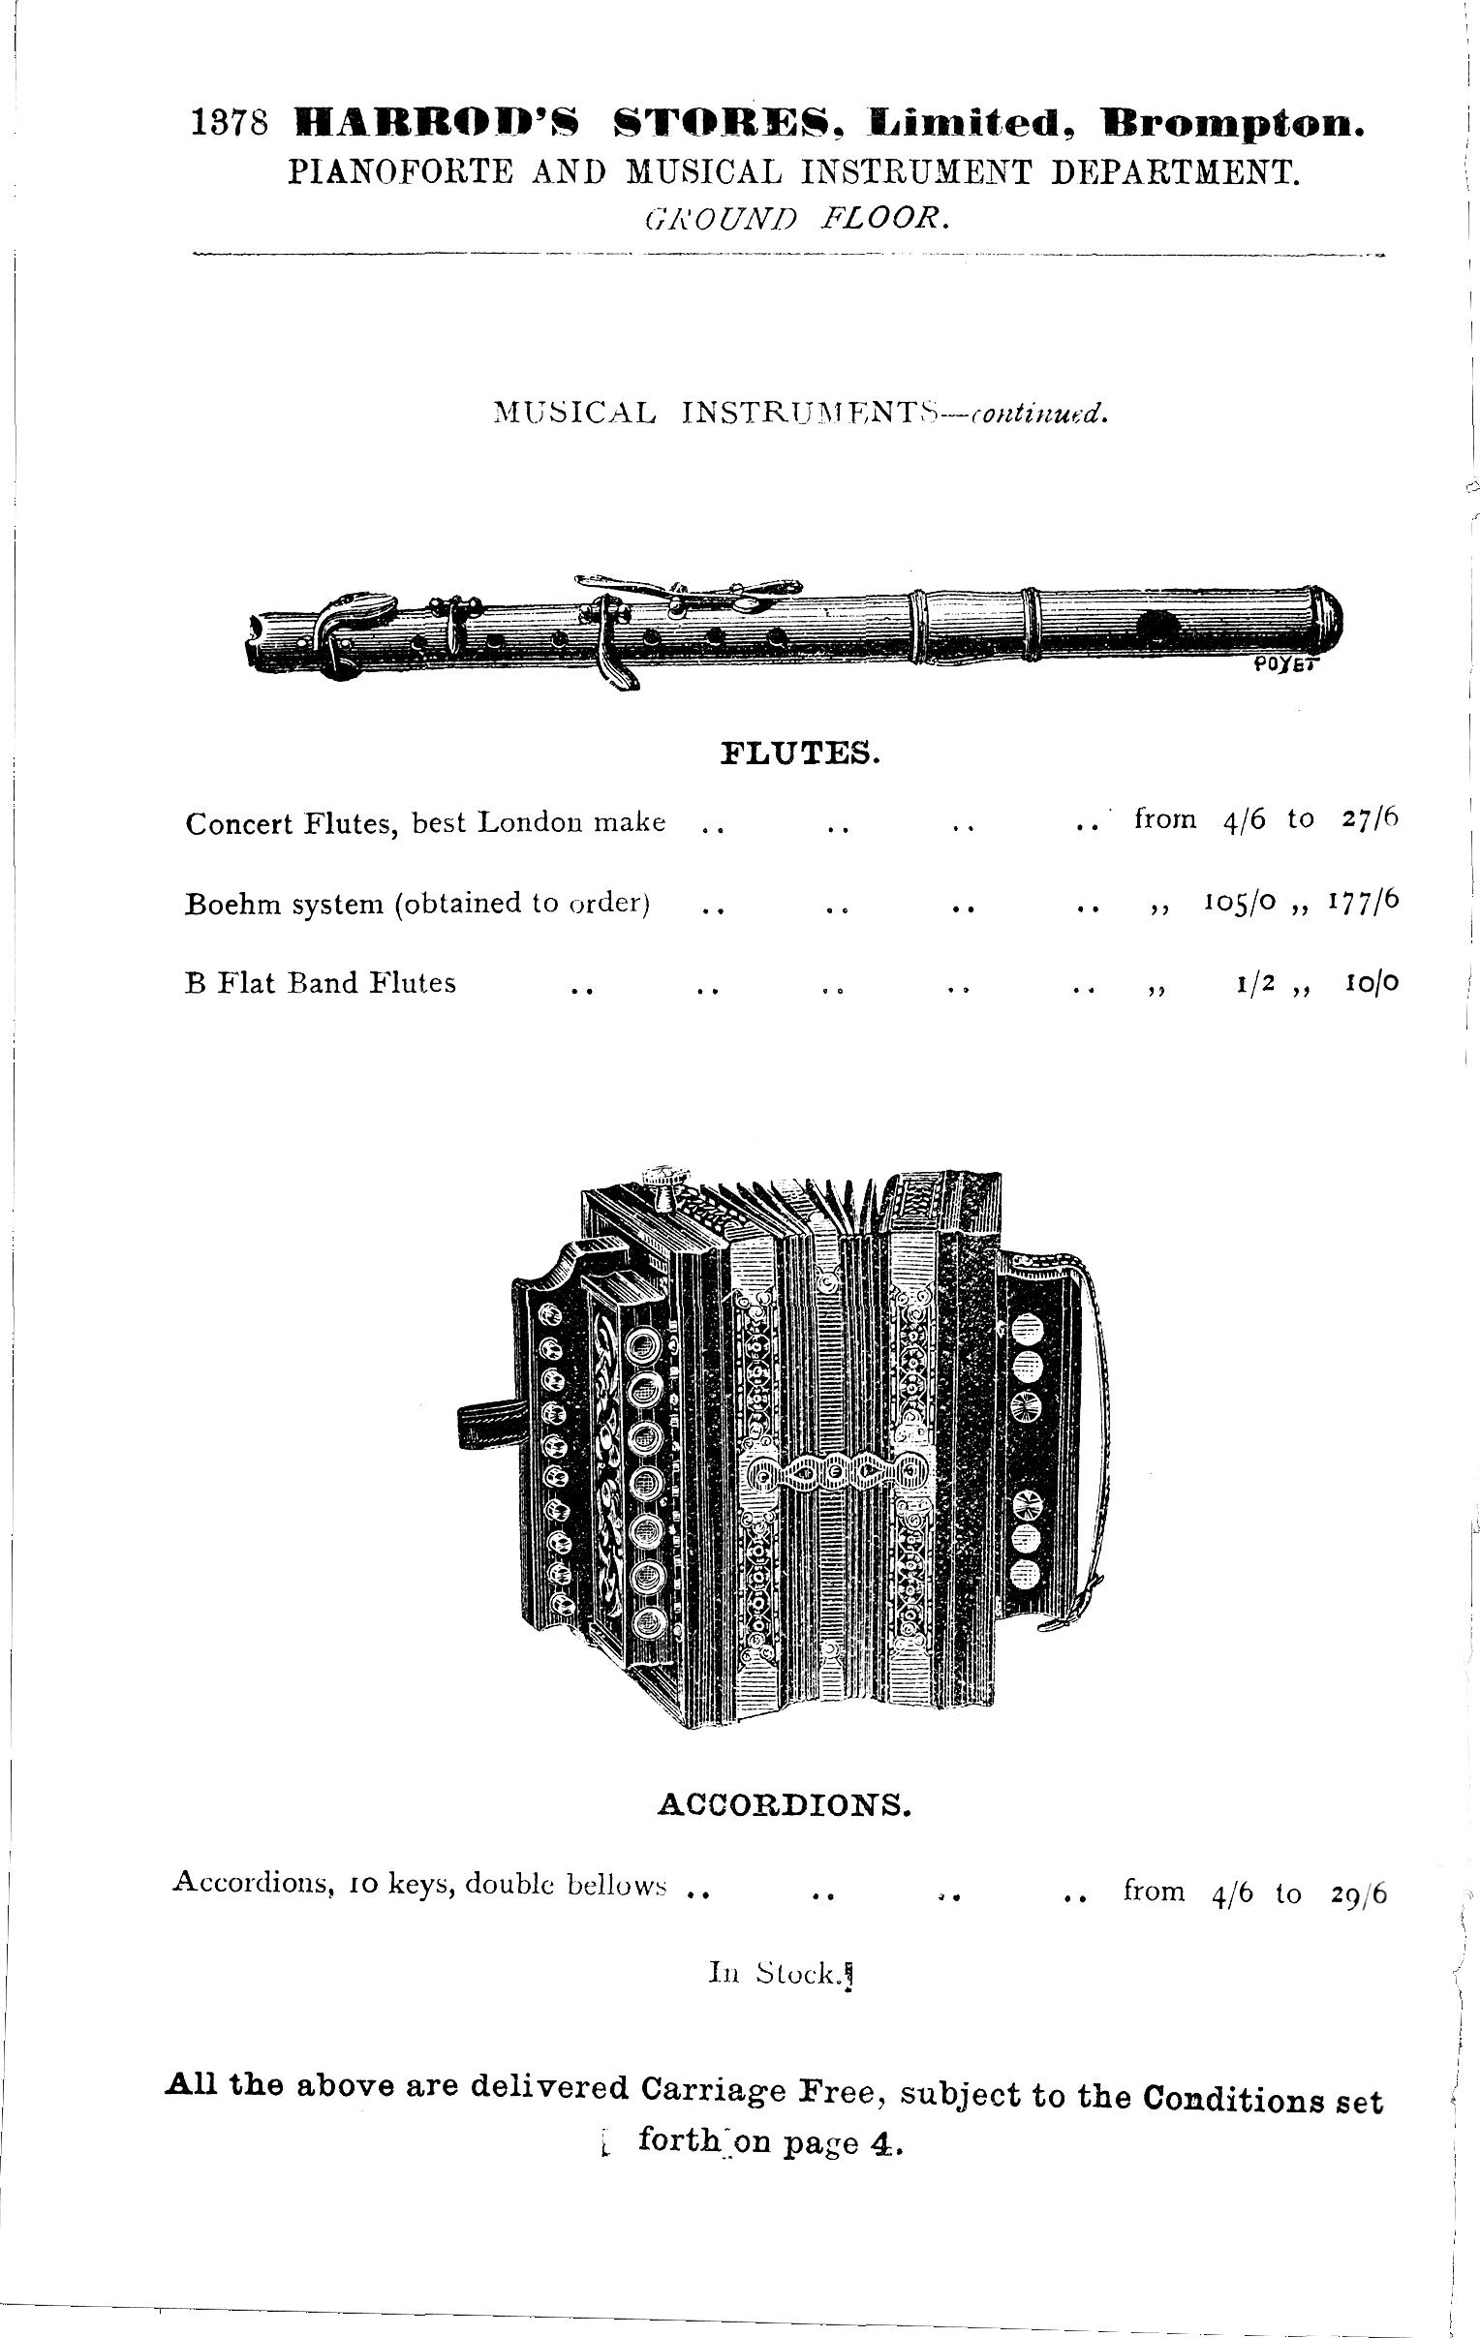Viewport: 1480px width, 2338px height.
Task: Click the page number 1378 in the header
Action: [x=231, y=125]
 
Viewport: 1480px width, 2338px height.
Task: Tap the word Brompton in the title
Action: [x=1231, y=125]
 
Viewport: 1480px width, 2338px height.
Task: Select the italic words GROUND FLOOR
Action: [x=795, y=220]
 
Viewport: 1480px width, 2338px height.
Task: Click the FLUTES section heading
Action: [x=800, y=754]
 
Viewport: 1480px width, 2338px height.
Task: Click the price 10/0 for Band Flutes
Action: [x=1372, y=983]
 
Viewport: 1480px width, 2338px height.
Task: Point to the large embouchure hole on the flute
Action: [x=1155, y=628]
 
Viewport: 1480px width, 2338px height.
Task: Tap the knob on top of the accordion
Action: [x=665, y=1184]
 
